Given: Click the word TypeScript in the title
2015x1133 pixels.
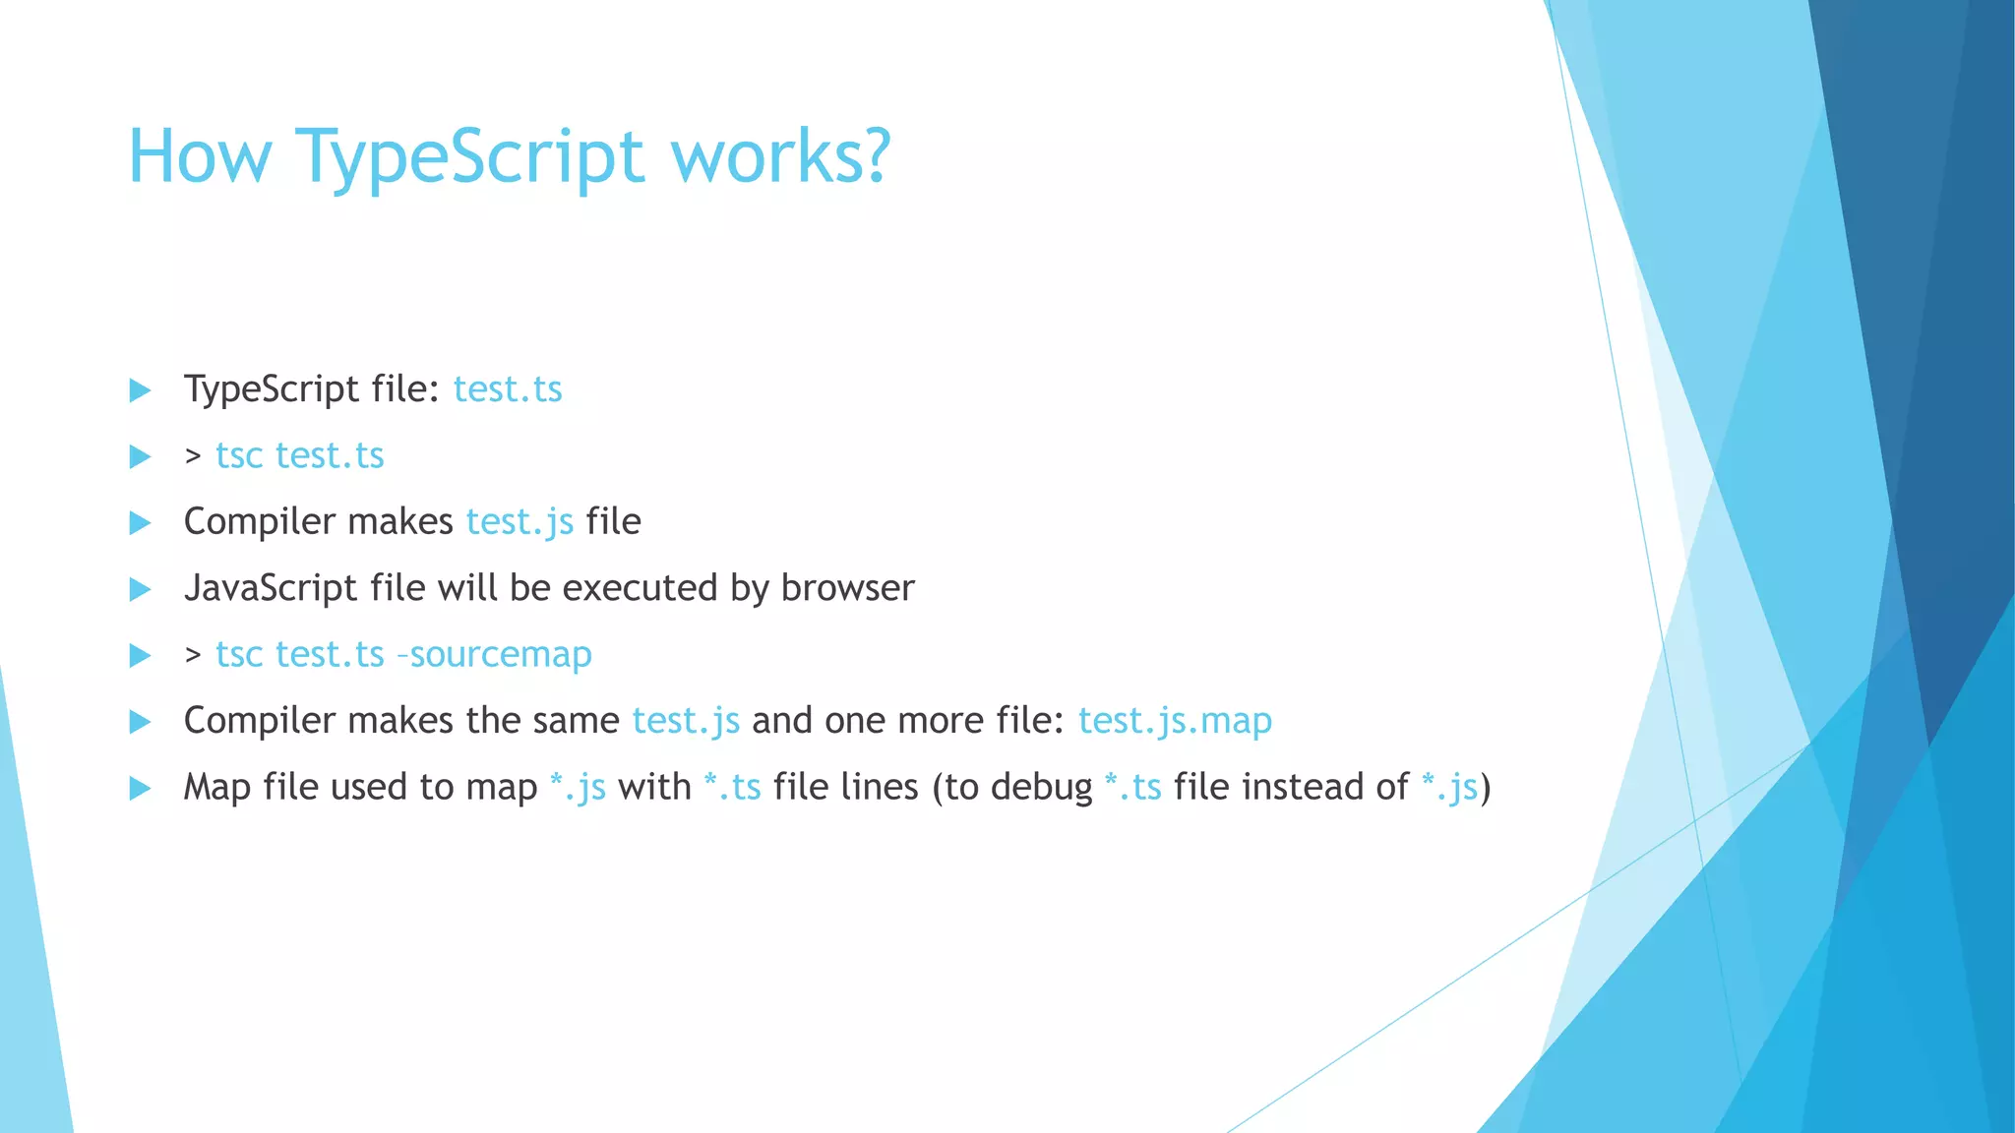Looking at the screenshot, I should point(469,157).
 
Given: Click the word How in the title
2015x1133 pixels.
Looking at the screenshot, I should point(200,157).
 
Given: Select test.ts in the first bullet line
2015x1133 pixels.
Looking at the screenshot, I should point(508,389).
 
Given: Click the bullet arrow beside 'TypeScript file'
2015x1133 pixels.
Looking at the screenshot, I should point(141,390).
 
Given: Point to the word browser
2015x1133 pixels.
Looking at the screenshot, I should point(847,588).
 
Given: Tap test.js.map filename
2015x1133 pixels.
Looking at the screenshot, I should point(1175,721).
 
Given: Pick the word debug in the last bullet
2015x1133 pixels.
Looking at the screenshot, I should point(1041,787).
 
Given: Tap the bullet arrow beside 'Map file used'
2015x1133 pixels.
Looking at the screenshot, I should point(141,788).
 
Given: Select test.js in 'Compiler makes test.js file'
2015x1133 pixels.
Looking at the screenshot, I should point(519,522).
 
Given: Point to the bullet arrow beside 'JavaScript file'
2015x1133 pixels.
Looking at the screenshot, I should point(141,589).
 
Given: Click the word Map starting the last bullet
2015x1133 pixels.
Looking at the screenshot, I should point(216,787).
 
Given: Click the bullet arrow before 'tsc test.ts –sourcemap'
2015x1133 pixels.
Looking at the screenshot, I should point(141,655).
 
